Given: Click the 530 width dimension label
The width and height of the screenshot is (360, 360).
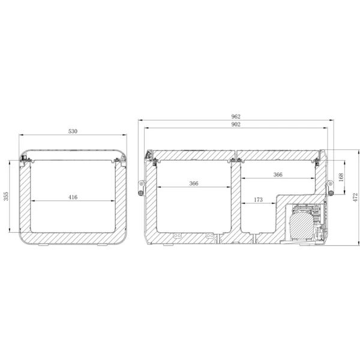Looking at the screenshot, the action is (x=73, y=131).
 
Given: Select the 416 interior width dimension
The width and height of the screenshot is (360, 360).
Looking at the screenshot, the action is (x=73, y=197).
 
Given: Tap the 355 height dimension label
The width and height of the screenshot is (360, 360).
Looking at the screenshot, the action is (x=6, y=196).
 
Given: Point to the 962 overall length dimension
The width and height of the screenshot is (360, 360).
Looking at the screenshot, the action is (x=236, y=116).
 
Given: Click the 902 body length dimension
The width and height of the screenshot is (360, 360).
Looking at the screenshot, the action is (x=236, y=124).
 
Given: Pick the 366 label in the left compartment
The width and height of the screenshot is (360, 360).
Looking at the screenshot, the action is (x=194, y=184).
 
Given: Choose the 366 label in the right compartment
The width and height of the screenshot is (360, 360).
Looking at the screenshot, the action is (x=278, y=175).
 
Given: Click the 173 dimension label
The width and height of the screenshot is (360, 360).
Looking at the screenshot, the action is (x=258, y=200).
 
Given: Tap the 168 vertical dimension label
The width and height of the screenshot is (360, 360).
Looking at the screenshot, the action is (x=341, y=177).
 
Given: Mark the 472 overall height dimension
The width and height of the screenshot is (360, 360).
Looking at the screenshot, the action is (x=355, y=197).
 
